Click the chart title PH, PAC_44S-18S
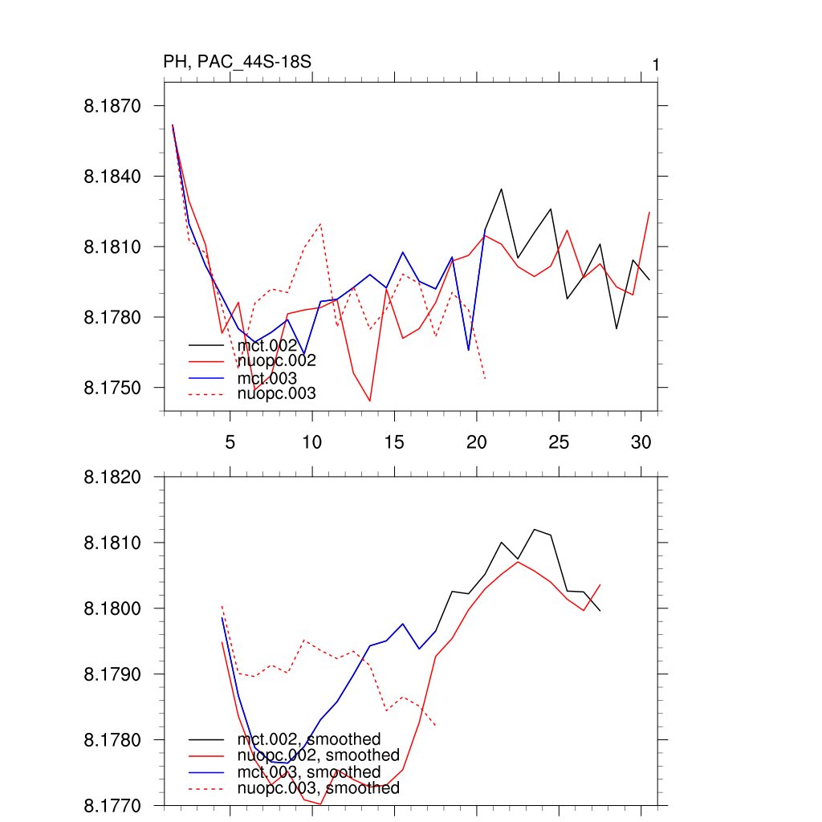coord(237,63)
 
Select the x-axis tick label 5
coord(230,442)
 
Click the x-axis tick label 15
coord(394,442)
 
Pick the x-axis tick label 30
coord(641,442)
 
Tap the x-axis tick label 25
coord(559,442)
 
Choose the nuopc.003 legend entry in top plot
coord(277,394)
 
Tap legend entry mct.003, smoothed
coord(308,772)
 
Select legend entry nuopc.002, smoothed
coord(318,755)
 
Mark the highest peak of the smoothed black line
coord(535,530)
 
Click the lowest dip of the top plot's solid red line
coord(370,401)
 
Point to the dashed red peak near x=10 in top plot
coord(320,224)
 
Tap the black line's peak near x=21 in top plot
coord(502,189)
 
